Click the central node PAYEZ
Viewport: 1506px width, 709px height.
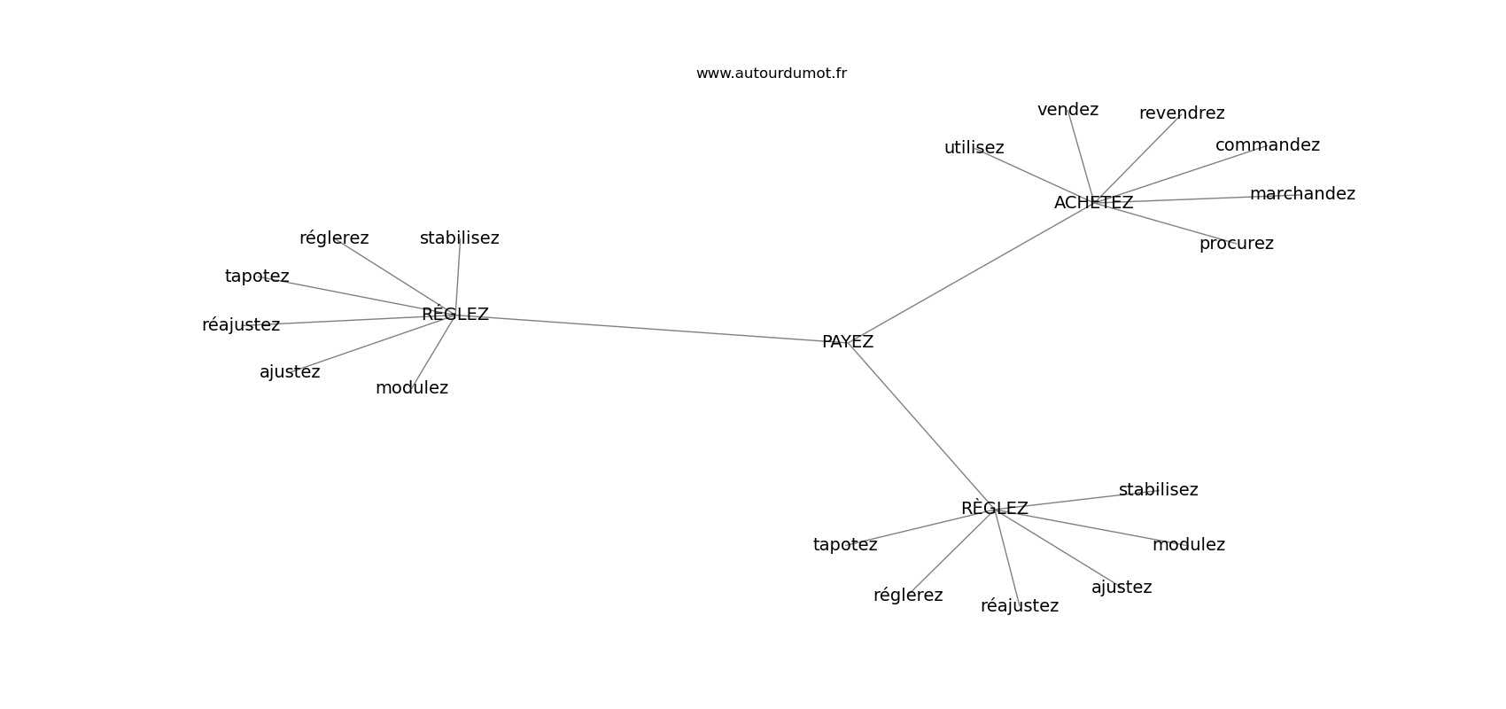click(x=847, y=342)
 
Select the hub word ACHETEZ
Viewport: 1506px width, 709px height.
click(x=1093, y=202)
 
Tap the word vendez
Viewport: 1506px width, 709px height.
click(x=1067, y=110)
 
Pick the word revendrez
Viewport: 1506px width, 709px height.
click(x=1181, y=113)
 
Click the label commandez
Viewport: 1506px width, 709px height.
click(x=1268, y=144)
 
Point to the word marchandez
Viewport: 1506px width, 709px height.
click(x=1302, y=194)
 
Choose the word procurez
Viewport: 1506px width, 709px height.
click(x=1237, y=244)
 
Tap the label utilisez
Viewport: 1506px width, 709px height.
click(x=974, y=147)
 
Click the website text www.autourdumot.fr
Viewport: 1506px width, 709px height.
click(x=771, y=74)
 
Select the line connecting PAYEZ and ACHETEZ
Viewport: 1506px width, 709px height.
click(x=970, y=272)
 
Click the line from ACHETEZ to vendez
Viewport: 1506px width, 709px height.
click(x=1081, y=156)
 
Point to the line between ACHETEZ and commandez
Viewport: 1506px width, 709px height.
click(x=1180, y=174)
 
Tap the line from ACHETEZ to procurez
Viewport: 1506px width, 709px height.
click(x=1164, y=222)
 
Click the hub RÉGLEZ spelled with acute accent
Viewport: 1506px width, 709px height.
click(x=455, y=314)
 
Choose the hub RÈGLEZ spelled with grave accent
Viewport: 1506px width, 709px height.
click(x=994, y=509)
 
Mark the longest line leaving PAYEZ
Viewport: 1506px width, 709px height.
click(x=651, y=328)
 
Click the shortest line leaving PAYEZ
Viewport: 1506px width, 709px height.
click(x=920, y=425)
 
